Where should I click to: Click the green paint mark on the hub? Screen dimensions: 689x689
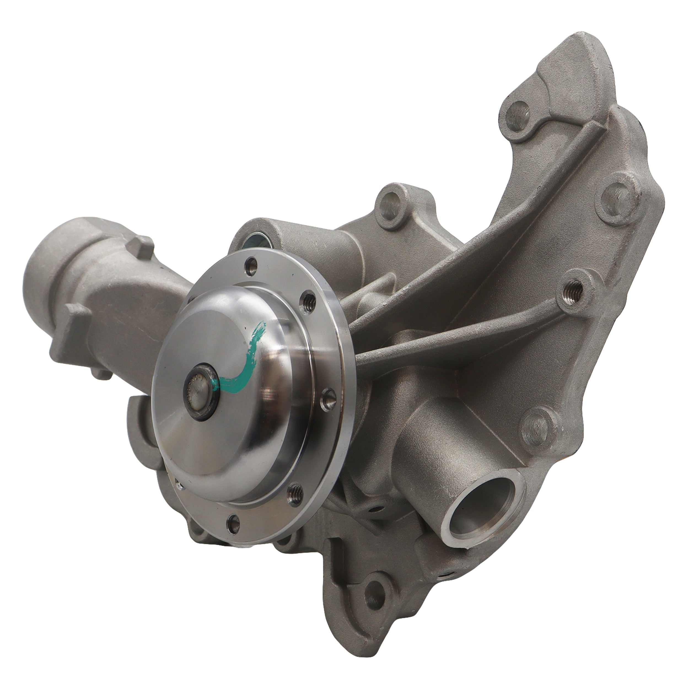246,360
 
